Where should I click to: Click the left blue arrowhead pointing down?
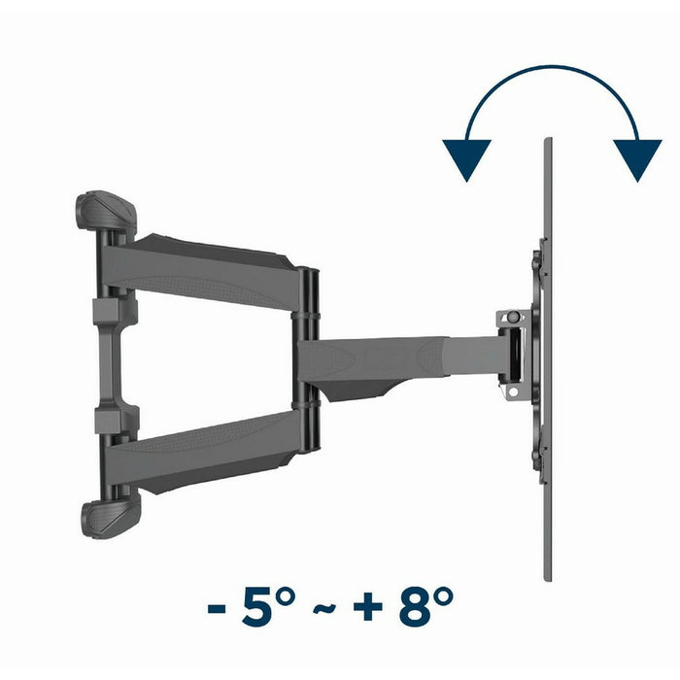point(466,159)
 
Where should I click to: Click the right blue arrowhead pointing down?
point(637,159)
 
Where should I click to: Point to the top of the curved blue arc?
point(552,68)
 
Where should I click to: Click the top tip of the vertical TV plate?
point(548,142)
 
